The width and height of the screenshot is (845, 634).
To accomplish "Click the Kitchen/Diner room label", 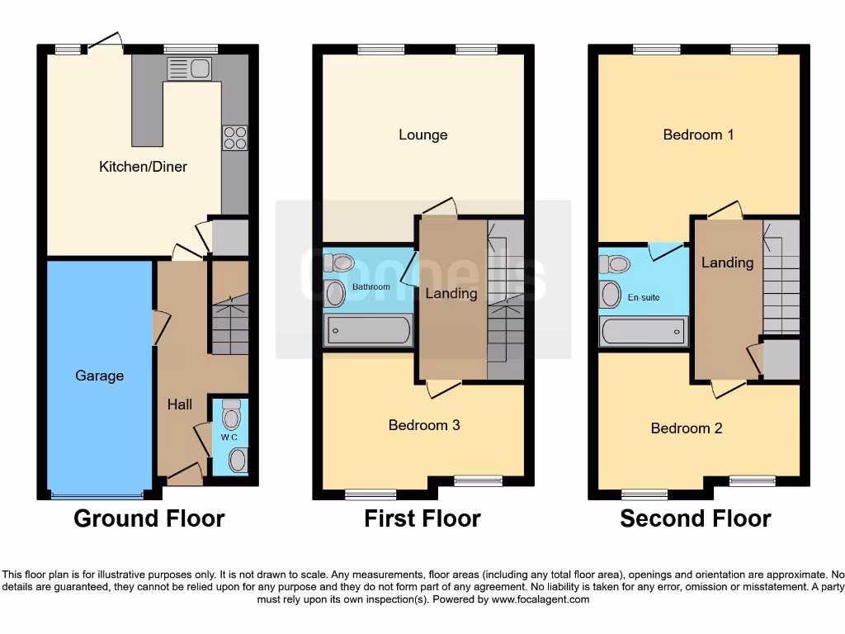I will (x=143, y=167).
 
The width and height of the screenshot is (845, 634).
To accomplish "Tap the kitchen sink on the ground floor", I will (x=189, y=69).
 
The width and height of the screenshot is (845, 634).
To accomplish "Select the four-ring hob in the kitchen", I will (x=234, y=138).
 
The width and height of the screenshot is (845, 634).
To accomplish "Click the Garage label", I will (x=99, y=376).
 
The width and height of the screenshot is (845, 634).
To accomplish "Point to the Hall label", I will (x=180, y=404).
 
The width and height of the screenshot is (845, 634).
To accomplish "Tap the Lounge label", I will (x=422, y=135).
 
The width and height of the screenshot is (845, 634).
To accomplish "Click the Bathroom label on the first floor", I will (x=371, y=287).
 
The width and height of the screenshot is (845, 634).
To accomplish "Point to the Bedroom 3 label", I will (x=423, y=425).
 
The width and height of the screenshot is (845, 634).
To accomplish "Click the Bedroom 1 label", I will (x=698, y=135).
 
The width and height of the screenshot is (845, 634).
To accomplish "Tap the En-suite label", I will (x=644, y=297).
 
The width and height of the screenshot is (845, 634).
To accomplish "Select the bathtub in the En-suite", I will (x=644, y=332).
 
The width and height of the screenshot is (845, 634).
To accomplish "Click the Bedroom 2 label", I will (x=687, y=428).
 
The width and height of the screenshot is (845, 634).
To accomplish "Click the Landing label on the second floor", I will (x=727, y=263).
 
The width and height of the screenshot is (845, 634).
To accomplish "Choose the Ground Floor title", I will (x=149, y=518).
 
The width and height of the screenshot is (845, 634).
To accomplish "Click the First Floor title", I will (x=422, y=518).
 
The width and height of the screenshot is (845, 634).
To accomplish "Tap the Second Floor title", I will (x=696, y=518).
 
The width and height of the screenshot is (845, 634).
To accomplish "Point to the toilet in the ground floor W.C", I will (x=231, y=414).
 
